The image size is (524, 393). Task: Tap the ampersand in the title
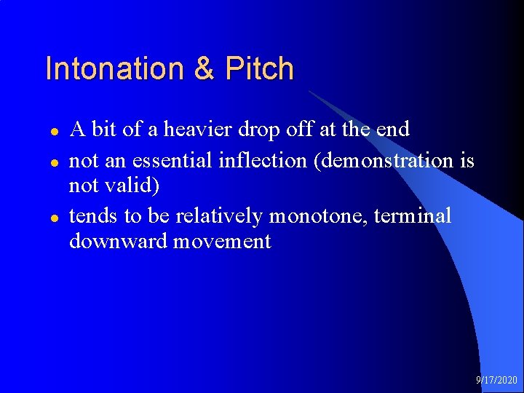pos(205,69)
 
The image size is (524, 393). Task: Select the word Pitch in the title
pos(260,69)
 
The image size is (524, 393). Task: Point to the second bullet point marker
pos(53,161)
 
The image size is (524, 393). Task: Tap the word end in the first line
pos(393,130)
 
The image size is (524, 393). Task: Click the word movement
pos(222,242)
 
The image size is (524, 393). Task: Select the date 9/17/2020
pos(496,380)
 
